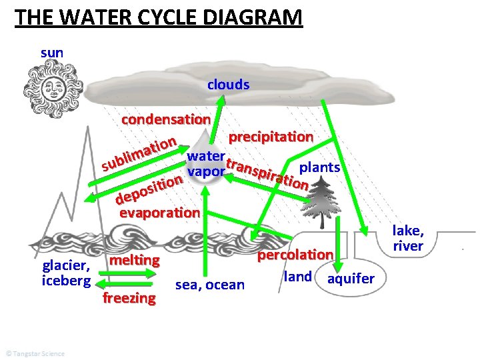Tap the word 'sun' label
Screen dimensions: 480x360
(52, 51)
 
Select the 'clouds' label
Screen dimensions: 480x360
(228, 85)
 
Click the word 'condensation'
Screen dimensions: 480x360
(166, 119)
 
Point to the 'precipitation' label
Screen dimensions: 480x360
(271, 137)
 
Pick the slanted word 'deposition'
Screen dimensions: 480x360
(149, 188)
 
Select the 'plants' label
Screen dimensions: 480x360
(321, 167)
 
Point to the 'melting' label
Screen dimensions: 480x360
(135, 259)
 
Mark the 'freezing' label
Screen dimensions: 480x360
(129, 297)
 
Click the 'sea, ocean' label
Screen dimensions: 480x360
(210, 285)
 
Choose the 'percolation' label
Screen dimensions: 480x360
(295, 255)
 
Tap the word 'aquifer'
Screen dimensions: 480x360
(351, 278)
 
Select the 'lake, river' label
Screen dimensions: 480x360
(408, 238)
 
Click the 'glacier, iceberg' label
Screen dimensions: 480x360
(65, 273)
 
